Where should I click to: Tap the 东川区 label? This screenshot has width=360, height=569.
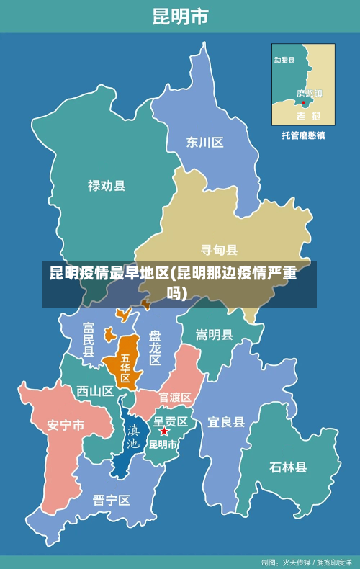coord(205,142)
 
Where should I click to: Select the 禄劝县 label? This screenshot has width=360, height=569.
coord(107,186)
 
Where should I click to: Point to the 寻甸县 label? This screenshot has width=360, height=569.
coord(219,250)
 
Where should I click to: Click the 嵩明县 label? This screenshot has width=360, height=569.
coord(215,334)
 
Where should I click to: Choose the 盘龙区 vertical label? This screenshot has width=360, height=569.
coord(155,347)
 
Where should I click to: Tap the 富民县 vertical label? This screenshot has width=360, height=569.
coord(89,340)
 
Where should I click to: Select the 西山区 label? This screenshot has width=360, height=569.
coord(95,391)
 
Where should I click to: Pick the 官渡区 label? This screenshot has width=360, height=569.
coord(175,397)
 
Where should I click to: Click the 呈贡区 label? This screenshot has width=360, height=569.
coord(171,421)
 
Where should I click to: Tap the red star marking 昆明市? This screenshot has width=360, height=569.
coord(164,431)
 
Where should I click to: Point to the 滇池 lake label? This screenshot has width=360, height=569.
coord(133,436)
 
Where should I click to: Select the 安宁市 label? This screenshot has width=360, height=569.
coord(66,425)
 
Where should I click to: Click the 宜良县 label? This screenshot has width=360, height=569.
coord(226,422)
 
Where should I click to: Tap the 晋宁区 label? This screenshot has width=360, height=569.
coord(112,500)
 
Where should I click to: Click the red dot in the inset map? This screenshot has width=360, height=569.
coord(304,102)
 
